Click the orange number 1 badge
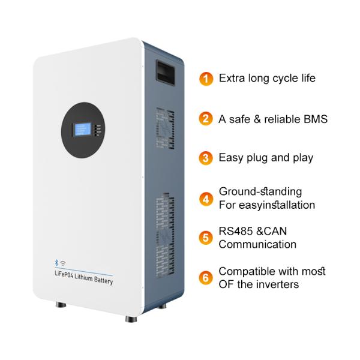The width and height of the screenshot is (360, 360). point(206,79)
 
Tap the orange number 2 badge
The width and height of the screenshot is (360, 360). point(206,119)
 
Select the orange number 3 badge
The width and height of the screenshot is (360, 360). point(206,158)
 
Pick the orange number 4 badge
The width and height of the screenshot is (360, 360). point(206,198)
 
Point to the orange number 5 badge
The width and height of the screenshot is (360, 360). point(206,238)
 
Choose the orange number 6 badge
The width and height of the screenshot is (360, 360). point(206,277)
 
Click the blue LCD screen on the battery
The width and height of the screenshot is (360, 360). point(82,131)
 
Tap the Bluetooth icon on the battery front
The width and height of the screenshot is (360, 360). point(56,262)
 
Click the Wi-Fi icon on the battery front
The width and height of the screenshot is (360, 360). point(62,263)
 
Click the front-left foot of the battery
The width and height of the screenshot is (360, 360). point(61,305)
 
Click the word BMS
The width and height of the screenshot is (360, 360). point(314,119)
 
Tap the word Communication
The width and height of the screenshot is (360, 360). point(257,244)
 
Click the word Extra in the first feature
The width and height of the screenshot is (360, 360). point(232,78)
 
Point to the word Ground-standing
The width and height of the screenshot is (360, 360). point(260,191)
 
